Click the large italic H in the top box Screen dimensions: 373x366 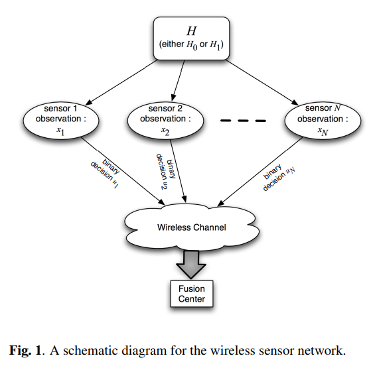point(192,31)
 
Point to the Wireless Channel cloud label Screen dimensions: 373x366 point(192,227)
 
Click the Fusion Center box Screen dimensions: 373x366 point(192,294)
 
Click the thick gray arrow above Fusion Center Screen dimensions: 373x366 point(191,265)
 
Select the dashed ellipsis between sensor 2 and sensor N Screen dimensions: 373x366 point(243,121)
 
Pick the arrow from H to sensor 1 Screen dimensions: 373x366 point(121,82)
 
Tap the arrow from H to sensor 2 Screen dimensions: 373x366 point(178,81)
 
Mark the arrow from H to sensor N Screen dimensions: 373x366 point(261,82)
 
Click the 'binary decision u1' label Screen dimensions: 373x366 point(105,174)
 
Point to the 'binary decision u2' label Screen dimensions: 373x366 point(166,172)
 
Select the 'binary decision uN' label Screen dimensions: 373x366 point(279,177)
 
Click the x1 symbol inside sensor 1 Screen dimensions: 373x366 point(60,131)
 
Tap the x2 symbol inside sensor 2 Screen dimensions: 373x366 point(165,131)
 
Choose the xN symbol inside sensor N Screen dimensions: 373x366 point(323,131)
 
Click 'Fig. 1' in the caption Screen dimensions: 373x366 point(25,350)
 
